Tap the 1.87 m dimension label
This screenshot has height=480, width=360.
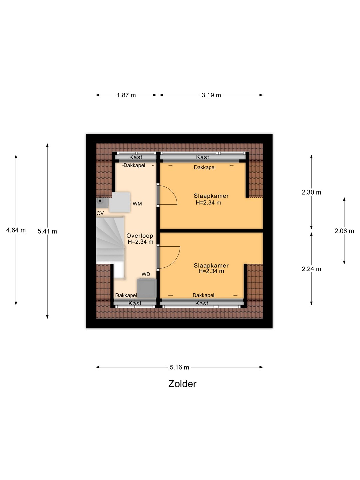(x=126, y=95)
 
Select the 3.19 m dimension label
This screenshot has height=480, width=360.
(x=211, y=95)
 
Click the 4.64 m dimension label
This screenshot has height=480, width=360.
(x=16, y=230)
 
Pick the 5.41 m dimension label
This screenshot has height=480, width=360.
(x=47, y=231)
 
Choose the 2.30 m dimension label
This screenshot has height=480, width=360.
(x=311, y=192)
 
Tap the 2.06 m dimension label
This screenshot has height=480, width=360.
(x=344, y=231)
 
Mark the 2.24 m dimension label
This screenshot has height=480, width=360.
(x=311, y=269)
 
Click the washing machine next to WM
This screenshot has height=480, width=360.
(x=120, y=202)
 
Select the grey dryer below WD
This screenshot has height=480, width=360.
(x=147, y=288)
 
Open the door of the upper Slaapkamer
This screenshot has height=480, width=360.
(x=167, y=195)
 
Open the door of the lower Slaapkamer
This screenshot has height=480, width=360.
(x=169, y=257)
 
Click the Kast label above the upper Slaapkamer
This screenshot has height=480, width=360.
(x=202, y=157)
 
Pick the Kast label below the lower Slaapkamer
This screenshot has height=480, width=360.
(x=202, y=303)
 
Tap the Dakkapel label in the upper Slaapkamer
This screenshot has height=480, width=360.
(x=205, y=168)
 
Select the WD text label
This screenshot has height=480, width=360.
(x=146, y=274)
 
